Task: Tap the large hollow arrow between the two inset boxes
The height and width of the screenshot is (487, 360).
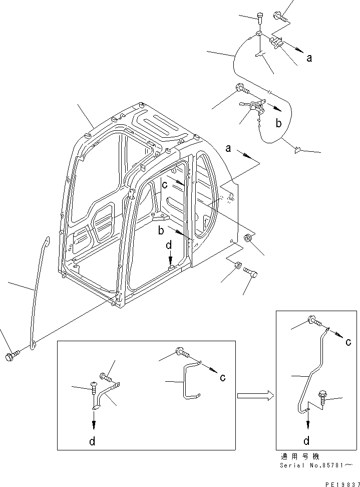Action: click(255, 396)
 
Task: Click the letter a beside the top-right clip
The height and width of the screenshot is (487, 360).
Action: click(309, 58)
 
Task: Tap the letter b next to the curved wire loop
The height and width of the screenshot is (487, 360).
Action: click(279, 122)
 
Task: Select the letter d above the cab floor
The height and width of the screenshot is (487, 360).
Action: click(170, 246)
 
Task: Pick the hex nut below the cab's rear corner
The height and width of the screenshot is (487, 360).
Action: click(238, 266)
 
